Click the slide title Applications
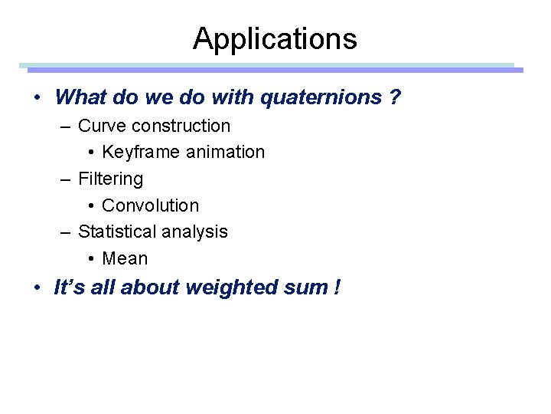pyautogui.click(x=275, y=38)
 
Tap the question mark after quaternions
pyautogui.click(x=395, y=97)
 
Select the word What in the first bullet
pyautogui.click(x=80, y=97)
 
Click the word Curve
pyautogui.click(x=99, y=126)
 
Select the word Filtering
pyautogui.click(x=110, y=179)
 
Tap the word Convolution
pyautogui.click(x=150, y=205)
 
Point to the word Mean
pyautogui.click(x=125, y=258)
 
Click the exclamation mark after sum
pyautogui.click(x=337, y=287)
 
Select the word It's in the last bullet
pyautogui.click(x=66, y=287)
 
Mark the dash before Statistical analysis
pyautogui.click(x=67, y=232)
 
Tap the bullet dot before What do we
pyautogui.click(x=37, y=98)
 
